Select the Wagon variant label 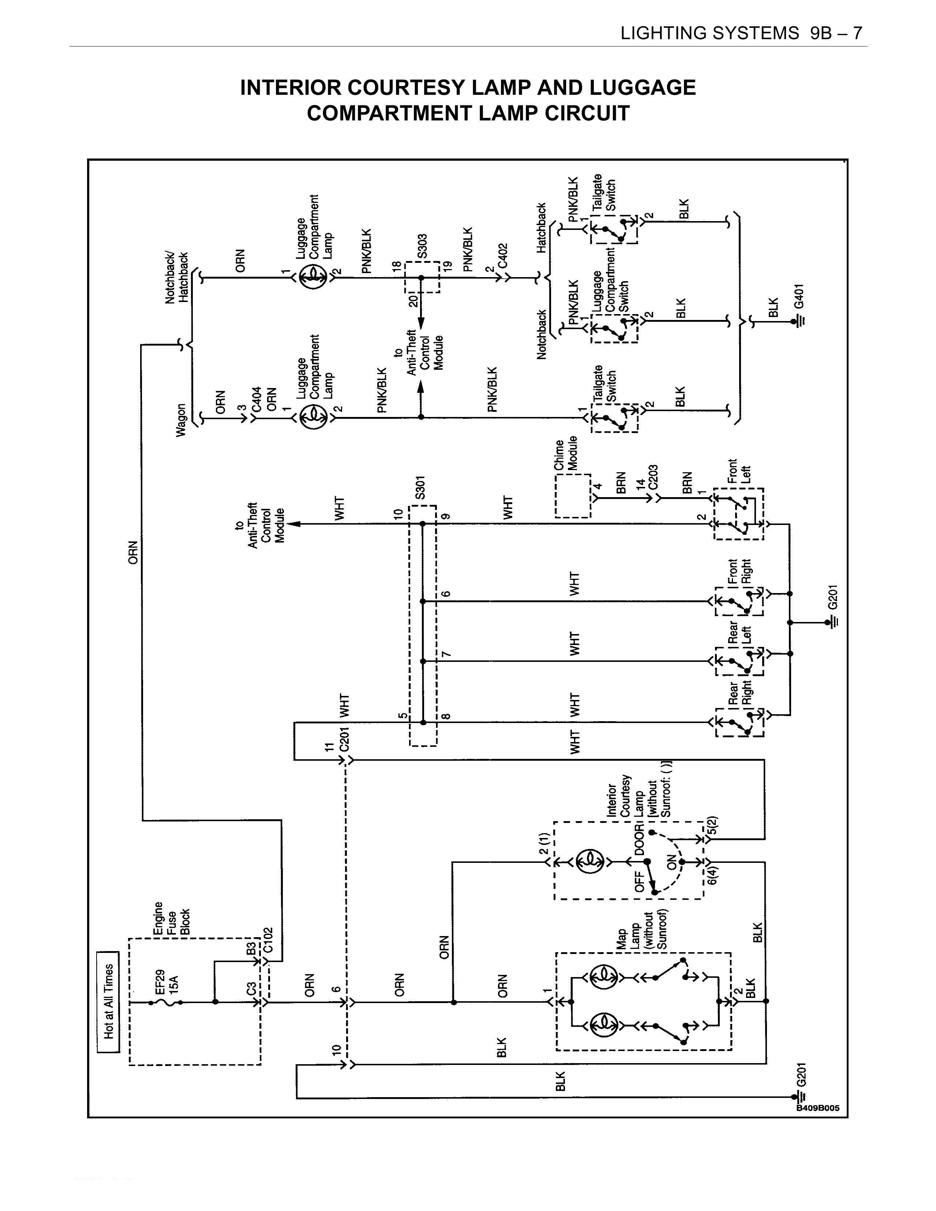pos(181,420)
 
